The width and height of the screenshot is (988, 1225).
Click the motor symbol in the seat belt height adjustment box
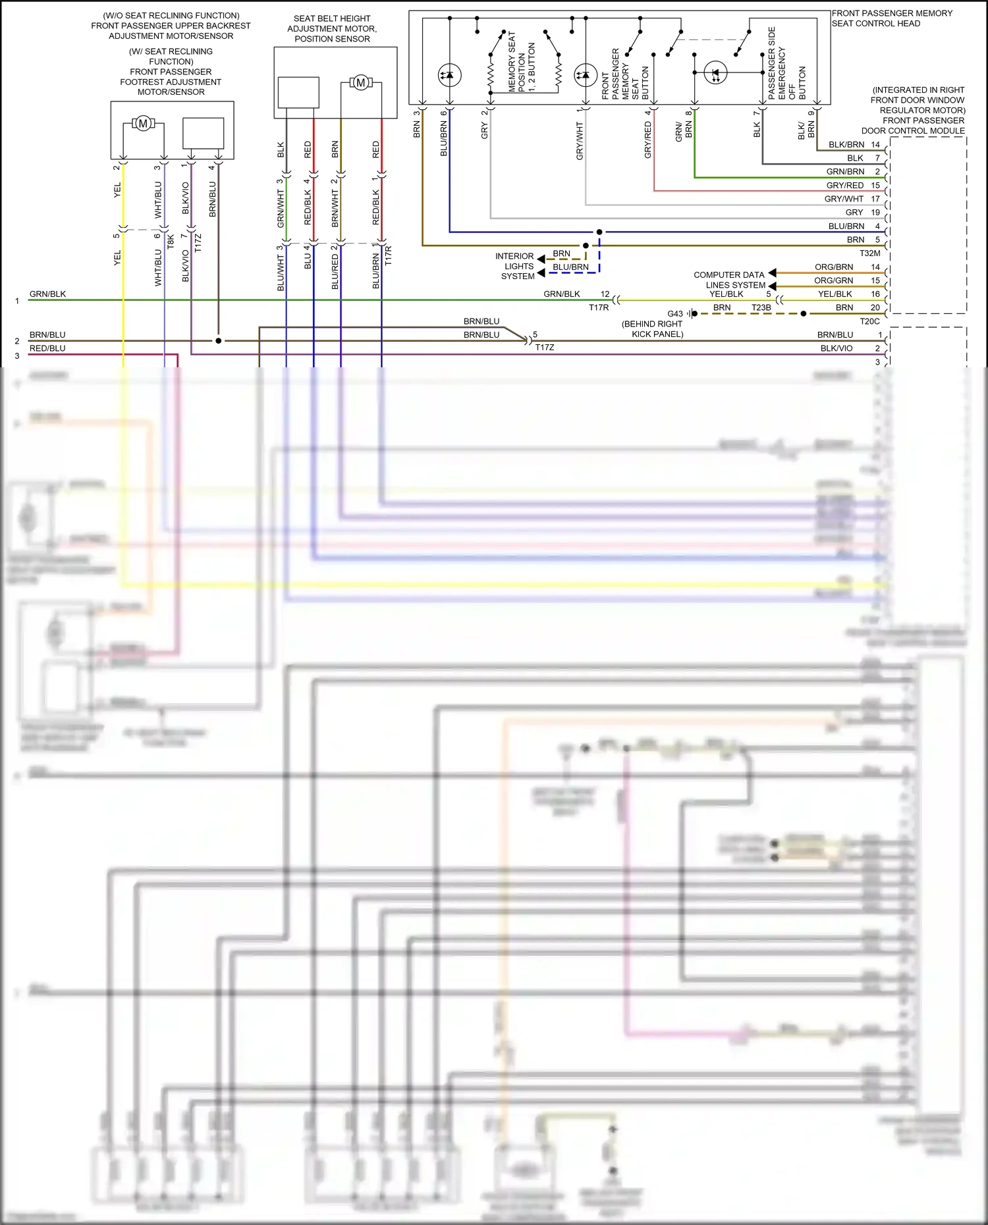click(360, 83)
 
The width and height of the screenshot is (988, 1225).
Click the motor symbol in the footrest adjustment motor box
click(143, 123)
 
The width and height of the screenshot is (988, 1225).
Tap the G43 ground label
click(675, 314)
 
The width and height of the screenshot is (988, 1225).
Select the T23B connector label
click(761, 307)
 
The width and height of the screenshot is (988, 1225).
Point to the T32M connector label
click(869, 253)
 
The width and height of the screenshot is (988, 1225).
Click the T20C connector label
click(869, 321)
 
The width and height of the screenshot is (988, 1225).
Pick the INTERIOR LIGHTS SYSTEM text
click(516, 266)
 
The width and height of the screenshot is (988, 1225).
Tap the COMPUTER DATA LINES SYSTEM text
click(730, 280)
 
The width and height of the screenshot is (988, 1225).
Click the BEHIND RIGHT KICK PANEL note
click(653, 329)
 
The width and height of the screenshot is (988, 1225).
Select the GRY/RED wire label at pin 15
click(844, 186)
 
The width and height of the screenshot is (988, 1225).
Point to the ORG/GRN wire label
click(833, 280)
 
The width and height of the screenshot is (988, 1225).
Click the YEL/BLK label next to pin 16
click(835, 294)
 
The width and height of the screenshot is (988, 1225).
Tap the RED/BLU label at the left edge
click(47, 348)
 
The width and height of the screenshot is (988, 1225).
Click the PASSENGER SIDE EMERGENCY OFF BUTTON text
click(786, 64)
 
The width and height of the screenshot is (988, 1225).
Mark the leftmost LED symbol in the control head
click(449, 75)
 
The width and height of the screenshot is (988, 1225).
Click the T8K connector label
click(171, 241)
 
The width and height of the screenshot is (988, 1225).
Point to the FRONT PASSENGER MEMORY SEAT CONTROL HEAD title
click(891, 18)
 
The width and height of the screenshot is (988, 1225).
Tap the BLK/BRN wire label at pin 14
click(846, 145)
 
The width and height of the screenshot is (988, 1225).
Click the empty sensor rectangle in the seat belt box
click(298, 92)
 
